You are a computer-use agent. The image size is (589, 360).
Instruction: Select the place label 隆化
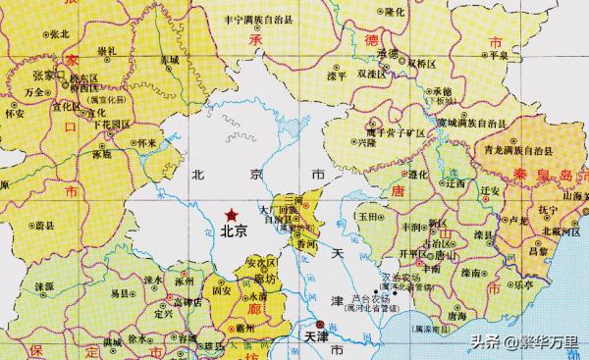(396, 12)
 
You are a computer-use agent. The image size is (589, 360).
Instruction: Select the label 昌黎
(537, 251)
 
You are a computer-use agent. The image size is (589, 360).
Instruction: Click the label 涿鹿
(102, 154)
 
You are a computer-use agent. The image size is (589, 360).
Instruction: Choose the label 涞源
(44, 285)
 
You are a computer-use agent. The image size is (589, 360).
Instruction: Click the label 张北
(59, 33)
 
